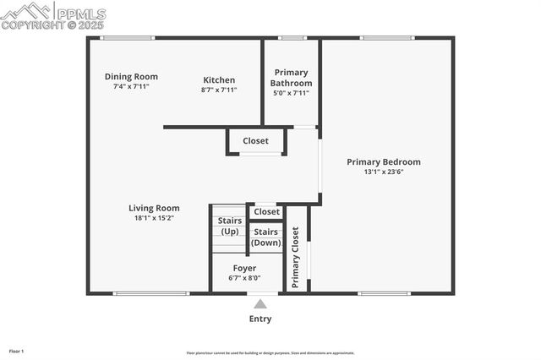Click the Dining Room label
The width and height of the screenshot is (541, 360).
pyautogui.click(x=131, y=76)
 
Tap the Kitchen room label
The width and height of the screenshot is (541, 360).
pyautogui.click(x=219, y=80)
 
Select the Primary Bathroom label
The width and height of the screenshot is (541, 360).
pyautogui.click(x=291, y=78)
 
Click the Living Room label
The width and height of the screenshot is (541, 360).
pyautogui.click(x=154, y=208)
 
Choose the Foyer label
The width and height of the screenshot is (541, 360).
pyautogui.click(x=244, y=268)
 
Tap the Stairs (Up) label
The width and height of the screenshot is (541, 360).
pyautogui.click(x=229, y=226)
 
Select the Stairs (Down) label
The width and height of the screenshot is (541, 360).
pyautogui.click(x=266, y=237)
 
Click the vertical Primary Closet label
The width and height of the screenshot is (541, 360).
pyautogui.click(x=296, y=257)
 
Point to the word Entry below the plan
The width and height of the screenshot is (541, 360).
pyautogui.click(x=260, y=319)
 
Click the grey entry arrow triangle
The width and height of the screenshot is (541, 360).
pyautogui.click(x=260, y=304)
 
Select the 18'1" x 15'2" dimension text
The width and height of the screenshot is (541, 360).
pyautogui.click(x=154, y=218)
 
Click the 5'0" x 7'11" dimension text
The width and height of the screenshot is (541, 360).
pyautogui.click(x=291, y=93)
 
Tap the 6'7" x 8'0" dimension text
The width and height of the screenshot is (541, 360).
pyautogui.click(x=244, y=278)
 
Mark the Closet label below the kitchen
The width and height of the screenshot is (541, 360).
pyautogui.click(x=255, y=141)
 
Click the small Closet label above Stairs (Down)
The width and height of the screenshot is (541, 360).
pyautogui.click(x=266, y=211)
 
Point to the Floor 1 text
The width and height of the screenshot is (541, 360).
pyautogui.click(x=16, y=351)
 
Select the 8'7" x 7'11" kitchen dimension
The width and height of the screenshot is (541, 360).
pyautogui.click(x=219, y=90)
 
